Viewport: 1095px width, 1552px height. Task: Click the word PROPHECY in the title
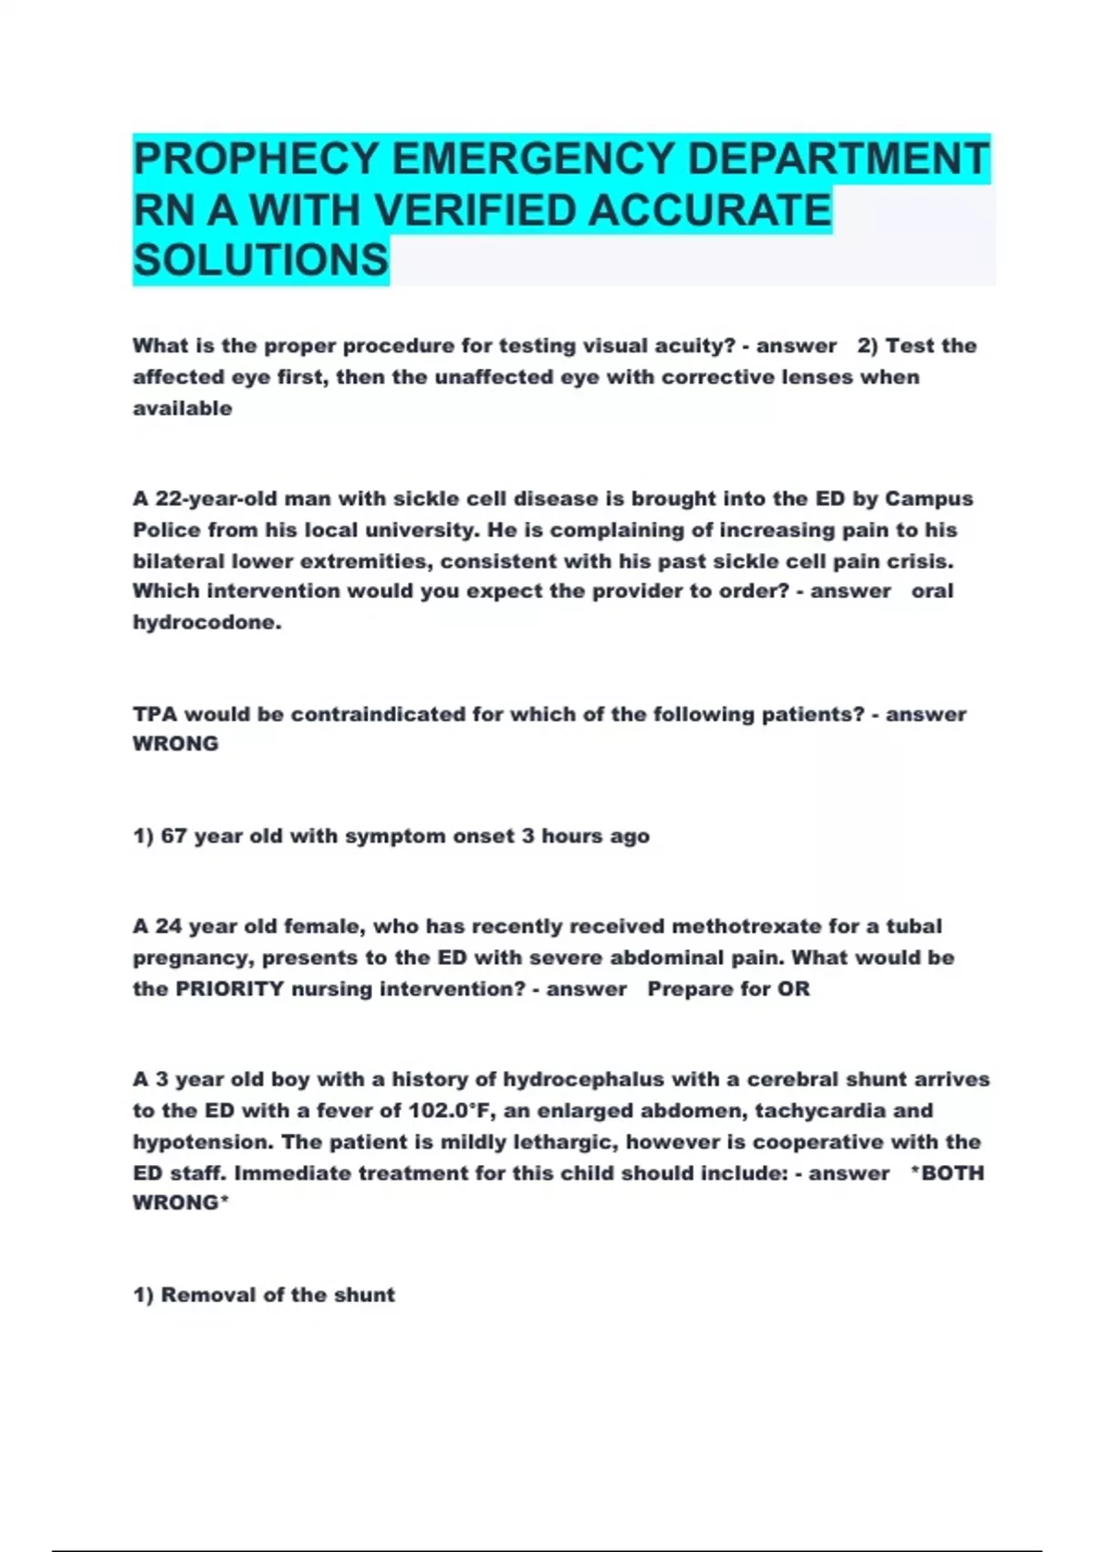[255, 159]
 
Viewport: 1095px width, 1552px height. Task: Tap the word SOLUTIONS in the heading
[261, 260]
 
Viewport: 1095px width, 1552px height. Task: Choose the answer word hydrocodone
[206, 623]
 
